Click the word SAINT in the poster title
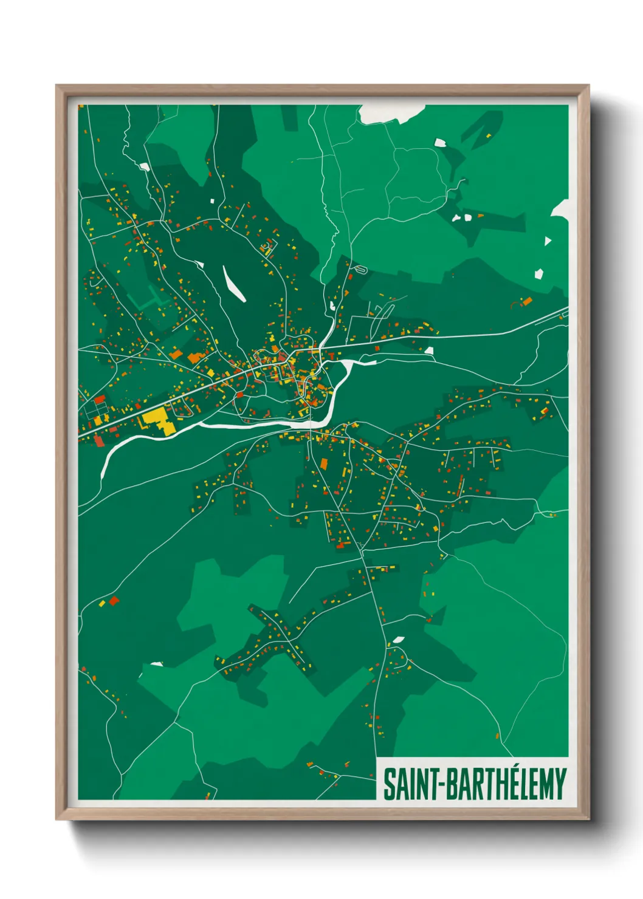click(x=406, y=785)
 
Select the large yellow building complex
click(x=156, y=420)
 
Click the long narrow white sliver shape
click(x=233, y=284)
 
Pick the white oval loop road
click(x=363, y=268)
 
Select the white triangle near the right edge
click(x=548, y=241)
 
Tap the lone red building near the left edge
click(x=114, y=601)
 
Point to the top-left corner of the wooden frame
click(x=57, y=86)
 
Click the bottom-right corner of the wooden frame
click(x=588, y=818)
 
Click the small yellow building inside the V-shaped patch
click(x=488, y=135)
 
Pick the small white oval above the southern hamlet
click(x=398, y=640)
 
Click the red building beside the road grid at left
click(x=100, y=400)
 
